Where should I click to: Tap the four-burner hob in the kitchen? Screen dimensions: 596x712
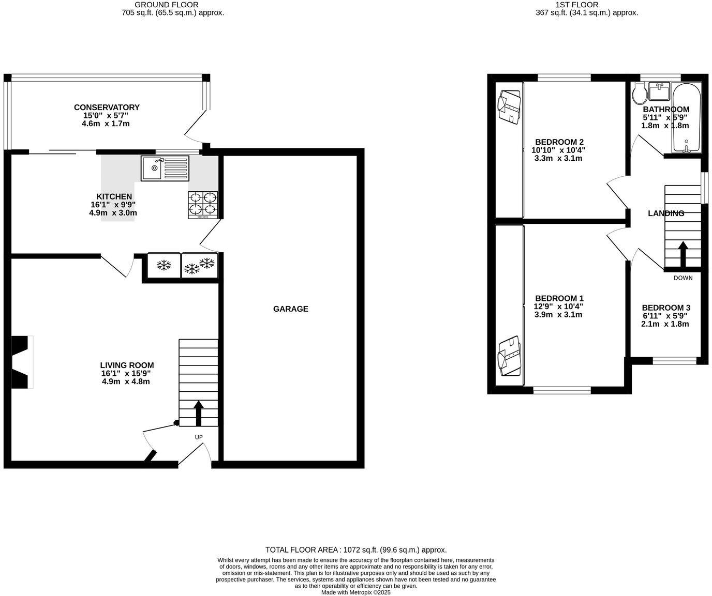pos(202,203)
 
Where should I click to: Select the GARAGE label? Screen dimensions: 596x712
pos(290,309)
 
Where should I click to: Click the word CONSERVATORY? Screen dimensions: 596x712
pos(107,108)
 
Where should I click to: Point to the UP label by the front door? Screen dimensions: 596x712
pos(199,437)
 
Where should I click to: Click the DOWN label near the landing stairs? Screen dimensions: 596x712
pos(683,278)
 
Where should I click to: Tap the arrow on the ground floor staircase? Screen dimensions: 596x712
pos(198,412)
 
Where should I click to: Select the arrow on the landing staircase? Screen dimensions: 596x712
pos(683,254)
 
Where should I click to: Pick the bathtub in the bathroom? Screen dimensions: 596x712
pos(686,118)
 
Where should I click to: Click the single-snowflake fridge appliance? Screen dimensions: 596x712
pos(164,266)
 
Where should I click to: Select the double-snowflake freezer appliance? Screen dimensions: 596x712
pos(200,266)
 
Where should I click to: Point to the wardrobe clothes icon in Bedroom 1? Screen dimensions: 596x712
pos(509,356)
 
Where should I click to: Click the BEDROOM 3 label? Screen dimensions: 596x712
pos(665,308)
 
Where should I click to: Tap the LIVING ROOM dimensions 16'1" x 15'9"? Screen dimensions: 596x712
pos(126,373)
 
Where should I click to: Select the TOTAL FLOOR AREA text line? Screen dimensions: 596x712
pos(355,550)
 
